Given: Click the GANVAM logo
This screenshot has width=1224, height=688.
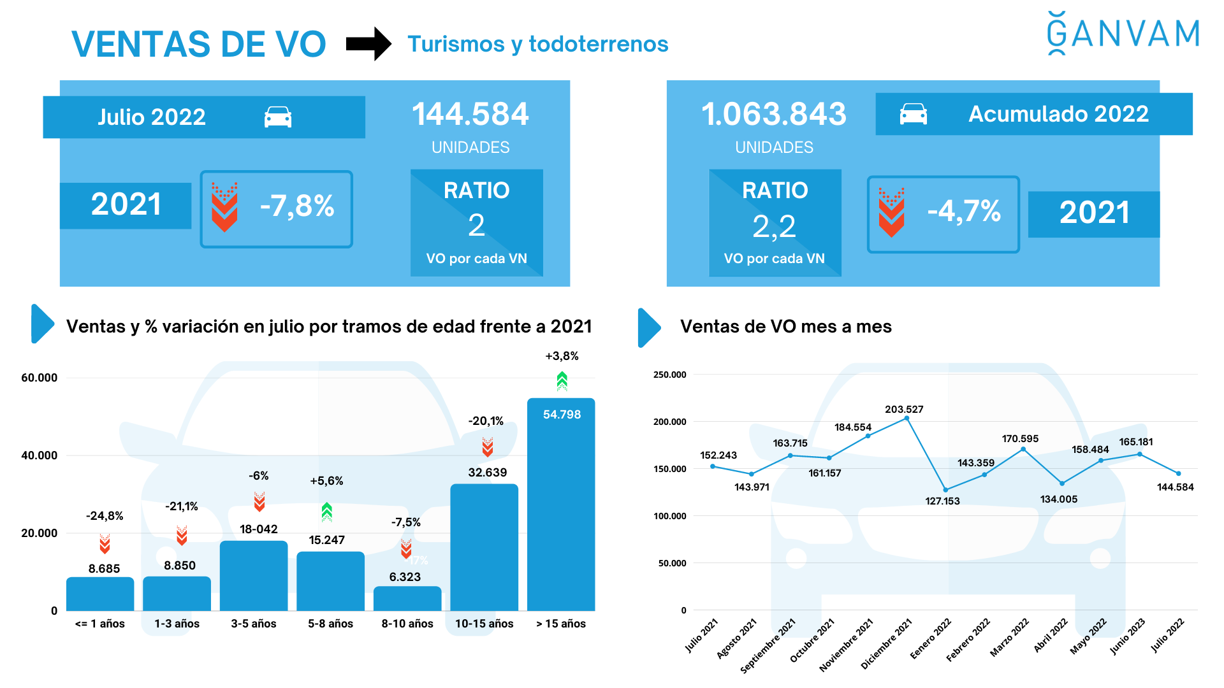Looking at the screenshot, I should click(1123, 33).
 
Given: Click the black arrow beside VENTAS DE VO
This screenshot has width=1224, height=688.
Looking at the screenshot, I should click(368, 44).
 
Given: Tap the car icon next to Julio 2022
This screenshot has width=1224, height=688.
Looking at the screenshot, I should click(278, 117).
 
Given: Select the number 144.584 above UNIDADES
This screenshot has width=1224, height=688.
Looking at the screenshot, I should click(470, 115).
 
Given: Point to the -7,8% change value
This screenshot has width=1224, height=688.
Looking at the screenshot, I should click(297, 206).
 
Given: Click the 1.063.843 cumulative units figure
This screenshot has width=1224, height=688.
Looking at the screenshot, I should click(773, 115).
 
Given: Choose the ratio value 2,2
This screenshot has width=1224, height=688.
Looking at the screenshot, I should click(774, 226).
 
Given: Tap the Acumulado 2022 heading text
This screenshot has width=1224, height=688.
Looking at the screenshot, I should click(1058, 114).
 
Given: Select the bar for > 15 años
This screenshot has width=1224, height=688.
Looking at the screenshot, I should click(561, 510).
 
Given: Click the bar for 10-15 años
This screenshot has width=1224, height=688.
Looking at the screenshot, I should click(484, 548).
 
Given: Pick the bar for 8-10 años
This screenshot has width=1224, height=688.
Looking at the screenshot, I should click(407, 599).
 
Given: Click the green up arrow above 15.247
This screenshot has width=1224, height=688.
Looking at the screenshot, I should click(327, 512).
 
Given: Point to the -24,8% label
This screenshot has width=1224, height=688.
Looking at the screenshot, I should click(105, 516).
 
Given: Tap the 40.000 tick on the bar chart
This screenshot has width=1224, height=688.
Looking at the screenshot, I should click(40, 455).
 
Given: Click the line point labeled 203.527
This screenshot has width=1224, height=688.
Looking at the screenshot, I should click(907, 419).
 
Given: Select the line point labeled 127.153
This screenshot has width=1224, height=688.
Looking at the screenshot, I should click(945, 490).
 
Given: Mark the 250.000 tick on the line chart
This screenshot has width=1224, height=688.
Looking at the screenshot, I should click(670, 375).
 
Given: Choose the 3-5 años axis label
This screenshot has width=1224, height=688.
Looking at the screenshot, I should click(254, 624).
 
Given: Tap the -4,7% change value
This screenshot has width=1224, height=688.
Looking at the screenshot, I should click(964, 211).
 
